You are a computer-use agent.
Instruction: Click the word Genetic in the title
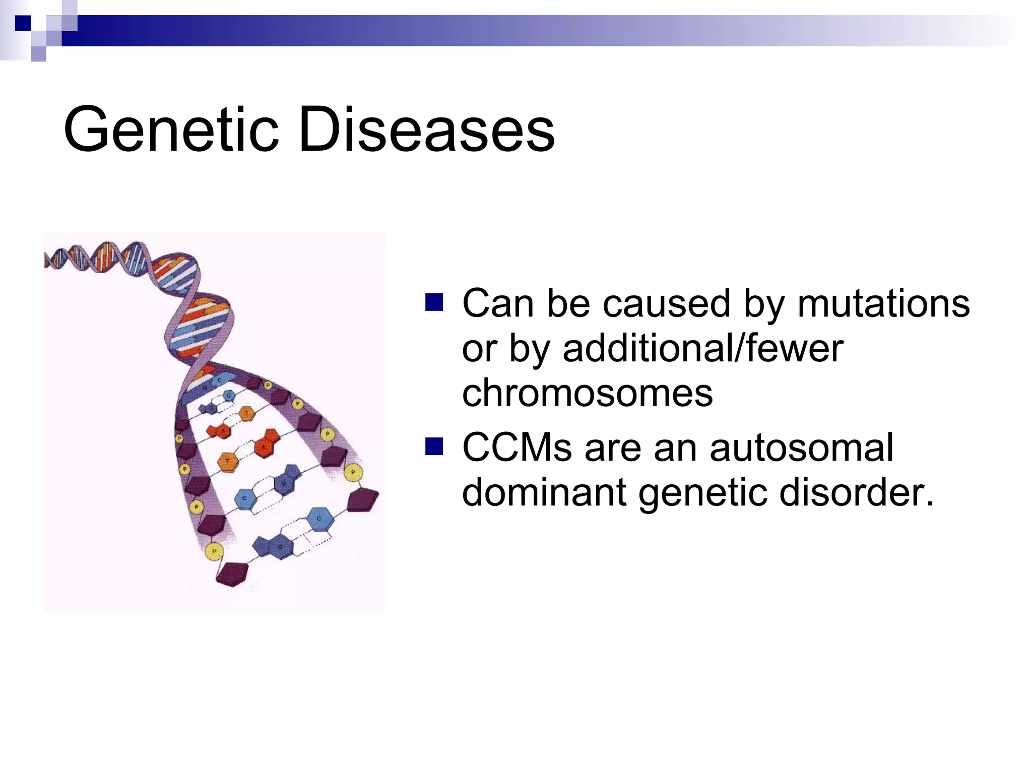[x=171, y=130]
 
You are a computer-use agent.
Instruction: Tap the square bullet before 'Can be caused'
[x=434, y=302]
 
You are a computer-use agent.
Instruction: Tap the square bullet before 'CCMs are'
[x=434, y=446]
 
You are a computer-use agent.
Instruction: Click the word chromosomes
[x=588, y=393]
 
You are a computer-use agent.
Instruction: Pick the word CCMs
[x=517, y=447]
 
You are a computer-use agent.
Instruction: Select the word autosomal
[x=801, y=447]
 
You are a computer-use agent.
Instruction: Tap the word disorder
[x=856, y=492]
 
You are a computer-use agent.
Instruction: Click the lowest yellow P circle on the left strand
[x=214, y=552]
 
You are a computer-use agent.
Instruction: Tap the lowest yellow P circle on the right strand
[x=353, y=473]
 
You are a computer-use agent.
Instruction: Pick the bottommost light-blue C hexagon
[x=319, y=519]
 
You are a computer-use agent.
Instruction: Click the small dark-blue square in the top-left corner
[x=23, y=23]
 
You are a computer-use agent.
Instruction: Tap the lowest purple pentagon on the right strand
[x=362, y=500]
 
